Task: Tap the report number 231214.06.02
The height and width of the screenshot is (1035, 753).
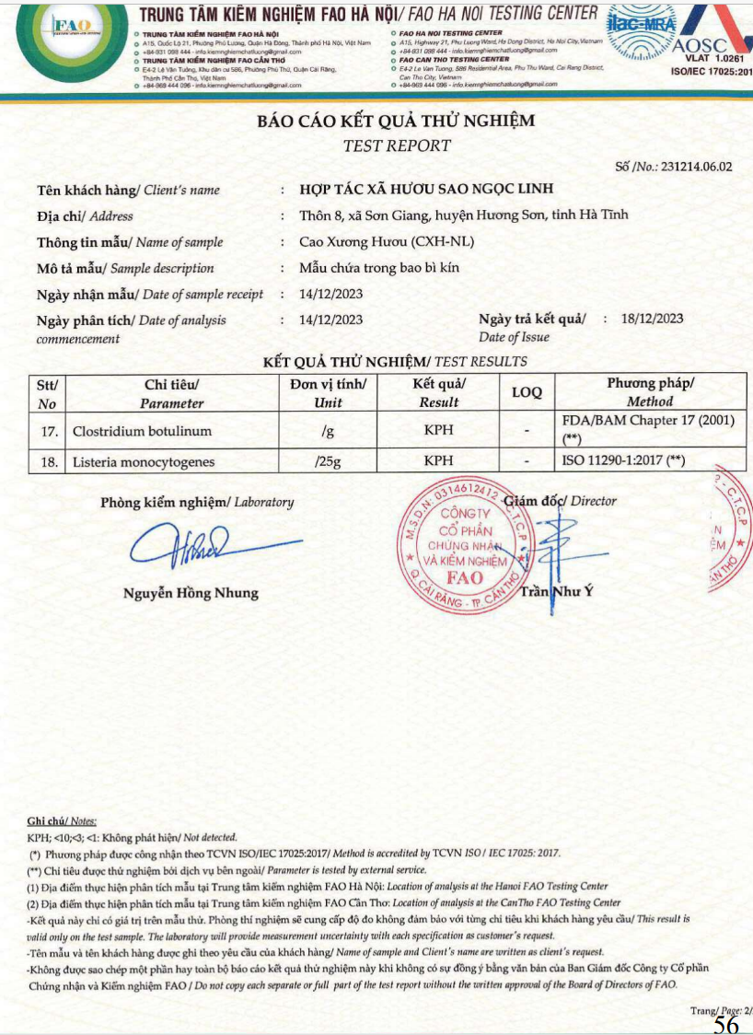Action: (x=688, y=167)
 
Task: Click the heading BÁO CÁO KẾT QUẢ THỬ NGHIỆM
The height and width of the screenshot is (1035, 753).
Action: (x=396, y=122)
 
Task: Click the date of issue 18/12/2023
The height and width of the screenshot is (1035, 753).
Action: (x=653, y=319)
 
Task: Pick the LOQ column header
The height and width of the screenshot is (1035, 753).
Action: (x=527, y=392)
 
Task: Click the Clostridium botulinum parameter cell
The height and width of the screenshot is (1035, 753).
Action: (x=142, y=431)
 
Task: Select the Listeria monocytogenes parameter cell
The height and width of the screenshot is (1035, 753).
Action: (x=144, y=461)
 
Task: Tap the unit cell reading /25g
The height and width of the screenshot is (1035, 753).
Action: (x=328, y=461)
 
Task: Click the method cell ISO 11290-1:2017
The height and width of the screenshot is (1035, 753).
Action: (x=622, y=461)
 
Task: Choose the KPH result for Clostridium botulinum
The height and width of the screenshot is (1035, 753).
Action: (x=438, y=431)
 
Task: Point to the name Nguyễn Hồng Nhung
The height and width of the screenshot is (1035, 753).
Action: (x=191, y=593)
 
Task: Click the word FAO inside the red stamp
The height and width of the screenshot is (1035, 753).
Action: (x=464, y=577)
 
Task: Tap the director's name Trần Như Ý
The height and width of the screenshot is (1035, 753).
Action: (x=557, y=591)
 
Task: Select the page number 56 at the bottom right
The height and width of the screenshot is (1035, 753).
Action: (x=726, y=1025)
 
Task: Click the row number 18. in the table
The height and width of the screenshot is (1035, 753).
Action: (x=48, y=461)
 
